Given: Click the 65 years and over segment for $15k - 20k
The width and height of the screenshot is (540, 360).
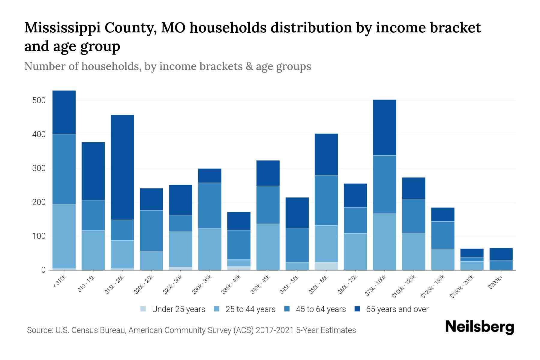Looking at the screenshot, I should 122,167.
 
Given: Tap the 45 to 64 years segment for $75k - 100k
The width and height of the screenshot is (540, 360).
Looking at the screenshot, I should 384,184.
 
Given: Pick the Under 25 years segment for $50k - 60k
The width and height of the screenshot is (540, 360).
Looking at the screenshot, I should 326,266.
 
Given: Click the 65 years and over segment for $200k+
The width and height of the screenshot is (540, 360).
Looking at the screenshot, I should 501,254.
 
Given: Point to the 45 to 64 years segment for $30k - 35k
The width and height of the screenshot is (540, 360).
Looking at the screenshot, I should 210,205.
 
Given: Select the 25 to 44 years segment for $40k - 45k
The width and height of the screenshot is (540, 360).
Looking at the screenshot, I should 268,247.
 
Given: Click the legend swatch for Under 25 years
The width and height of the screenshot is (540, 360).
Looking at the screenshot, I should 143,309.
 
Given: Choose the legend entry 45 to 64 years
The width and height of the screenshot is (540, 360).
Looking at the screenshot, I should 321,309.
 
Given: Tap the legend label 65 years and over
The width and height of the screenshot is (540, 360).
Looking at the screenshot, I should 397,309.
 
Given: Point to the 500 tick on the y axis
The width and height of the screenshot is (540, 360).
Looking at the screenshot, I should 39,100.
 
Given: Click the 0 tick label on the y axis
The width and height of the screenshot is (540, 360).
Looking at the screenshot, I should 43,270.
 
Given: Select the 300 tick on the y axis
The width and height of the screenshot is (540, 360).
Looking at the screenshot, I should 39,168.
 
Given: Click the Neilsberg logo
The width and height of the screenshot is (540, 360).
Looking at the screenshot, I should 479,327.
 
